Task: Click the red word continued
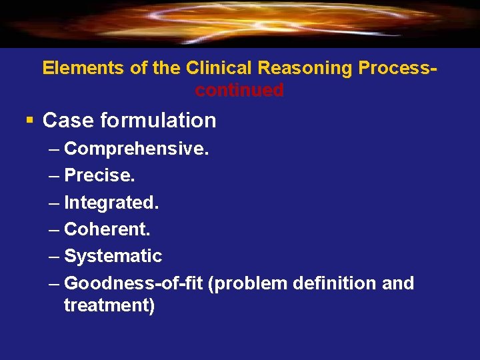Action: (239, 90)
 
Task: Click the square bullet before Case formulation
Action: (29, 121)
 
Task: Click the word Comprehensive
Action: (136, 148)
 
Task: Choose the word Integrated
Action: (111, 202)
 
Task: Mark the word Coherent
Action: (107, 229)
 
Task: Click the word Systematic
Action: (113, 256)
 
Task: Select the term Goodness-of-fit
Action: (134, 283)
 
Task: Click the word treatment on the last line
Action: (109, 306)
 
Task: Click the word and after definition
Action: (398, 283)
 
